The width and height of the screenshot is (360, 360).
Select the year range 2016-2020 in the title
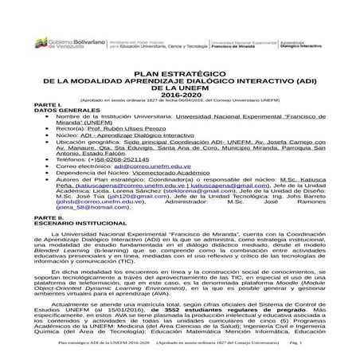pos(179,93)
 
